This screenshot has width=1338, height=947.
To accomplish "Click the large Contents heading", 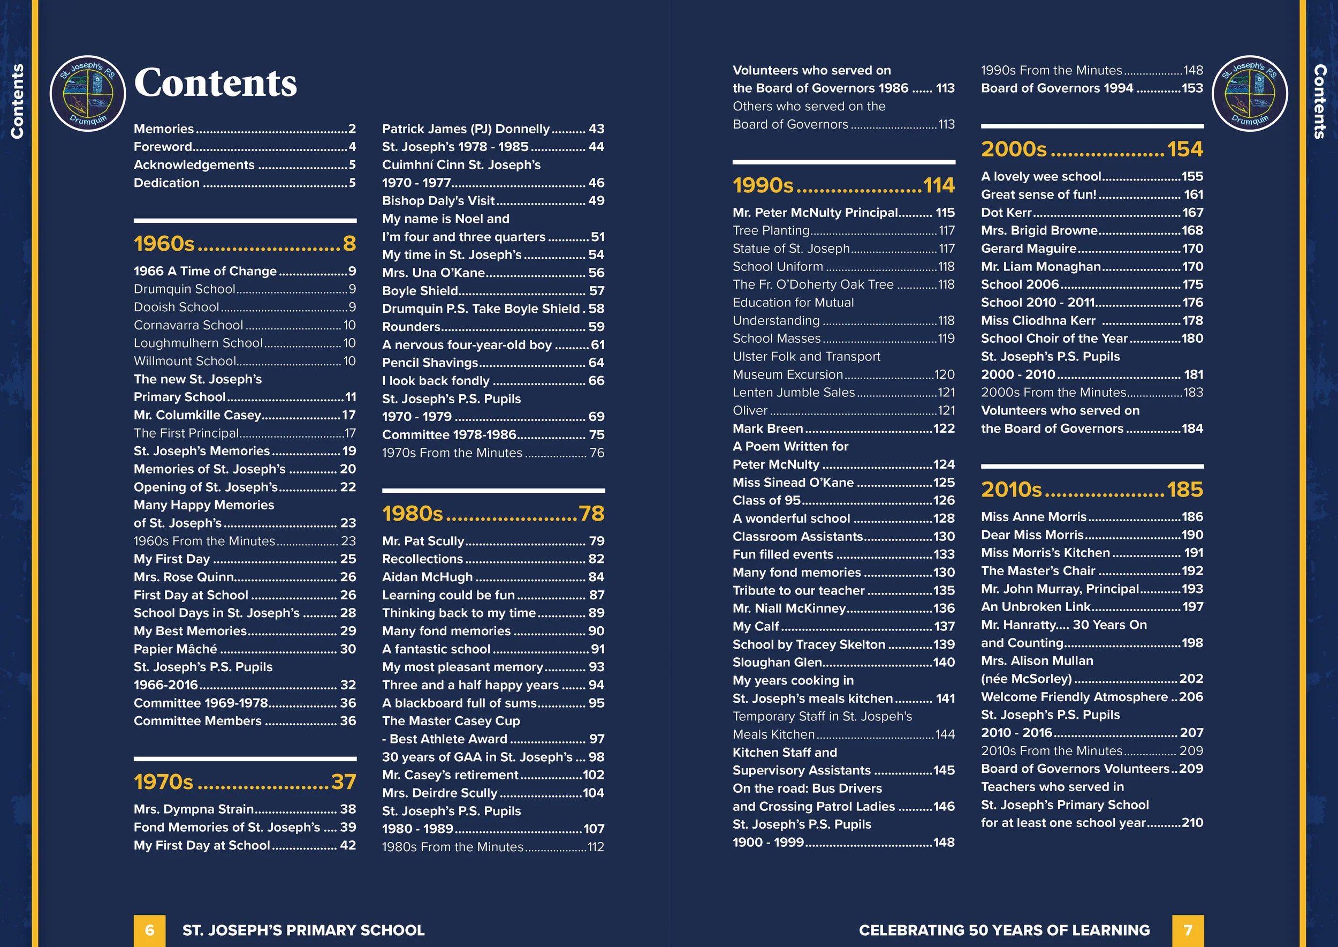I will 215,83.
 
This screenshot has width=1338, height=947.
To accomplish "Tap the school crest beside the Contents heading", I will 87,93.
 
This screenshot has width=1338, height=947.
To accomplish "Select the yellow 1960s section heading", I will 164,243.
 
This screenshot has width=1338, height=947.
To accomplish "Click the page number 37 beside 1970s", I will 343,781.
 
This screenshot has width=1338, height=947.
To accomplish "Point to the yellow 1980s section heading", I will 413,513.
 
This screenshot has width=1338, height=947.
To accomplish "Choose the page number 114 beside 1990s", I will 939,185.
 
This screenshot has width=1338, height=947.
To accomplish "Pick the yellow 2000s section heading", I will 1014,149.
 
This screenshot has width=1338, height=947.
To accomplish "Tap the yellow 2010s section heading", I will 1011,489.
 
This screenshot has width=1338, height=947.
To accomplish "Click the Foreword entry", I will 163,146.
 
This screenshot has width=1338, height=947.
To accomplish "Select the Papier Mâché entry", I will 176,649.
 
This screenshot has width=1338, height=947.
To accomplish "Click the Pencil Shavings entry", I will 430,362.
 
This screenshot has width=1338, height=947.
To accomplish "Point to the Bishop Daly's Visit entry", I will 438,201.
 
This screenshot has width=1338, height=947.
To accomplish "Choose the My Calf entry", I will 756,626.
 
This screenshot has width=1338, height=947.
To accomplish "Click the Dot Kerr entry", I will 1006,212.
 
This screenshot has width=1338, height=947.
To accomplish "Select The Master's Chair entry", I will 1038,570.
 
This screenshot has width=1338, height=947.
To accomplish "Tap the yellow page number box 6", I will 149,930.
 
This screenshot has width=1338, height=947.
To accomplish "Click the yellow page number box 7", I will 1188,930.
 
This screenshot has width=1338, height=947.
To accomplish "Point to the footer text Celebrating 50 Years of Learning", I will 1004,930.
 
